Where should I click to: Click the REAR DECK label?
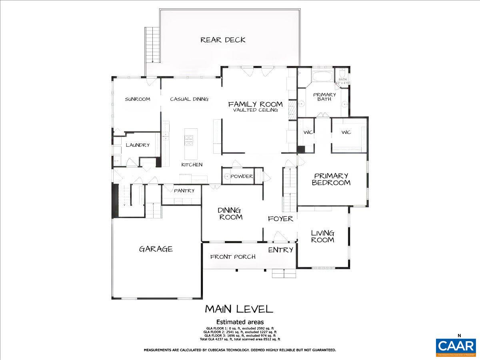pyautogui.click(x=223, y=40)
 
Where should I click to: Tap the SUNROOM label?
pyautogui.click(x=137, y=99)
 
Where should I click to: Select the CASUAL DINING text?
pyautogui.click(x=189, y=99)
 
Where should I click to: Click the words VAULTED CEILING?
pyautogui.click(x=255, y=110)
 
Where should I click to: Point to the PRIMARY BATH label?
pyautogui.click(x=324, y=97)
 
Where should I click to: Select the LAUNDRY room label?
pyautogui.click(x=138, y=145)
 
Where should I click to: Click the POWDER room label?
pyautogui.click(x=242, y=176)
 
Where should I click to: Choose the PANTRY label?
pyautogui.click(x=184, y=191)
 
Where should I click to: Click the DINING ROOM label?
pyautogui.click(x=230, y=214)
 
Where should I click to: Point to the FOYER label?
pyautogui.click(x=280, y=219)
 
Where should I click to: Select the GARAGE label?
pyautogui.click(x=156, y=249)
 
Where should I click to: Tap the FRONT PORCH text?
pyautogui.click(x=233, y=257)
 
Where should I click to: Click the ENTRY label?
pyautogui.click(x=280, y=250)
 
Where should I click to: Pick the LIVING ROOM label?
pyautogui.click(x=323, y=236)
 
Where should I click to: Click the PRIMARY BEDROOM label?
pyautogui.click(x=331, y=179)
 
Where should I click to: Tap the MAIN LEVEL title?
pyautogui.click(x=239, y=309)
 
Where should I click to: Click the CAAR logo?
pyautogui.click(x=456, y=346)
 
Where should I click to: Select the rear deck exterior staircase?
pyautogui.click(x=152, y=45)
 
